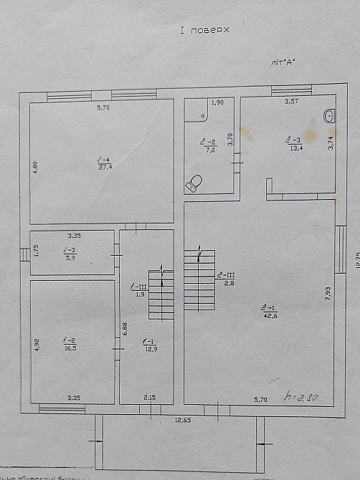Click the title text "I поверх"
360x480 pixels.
pos(204,31)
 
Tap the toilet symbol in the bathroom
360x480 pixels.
pos(194,183)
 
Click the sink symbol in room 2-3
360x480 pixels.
pos(329,115)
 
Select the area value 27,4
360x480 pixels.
pos(105,167)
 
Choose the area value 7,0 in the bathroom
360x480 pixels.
pos(210,150)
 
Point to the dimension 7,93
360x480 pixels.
pos(328,295)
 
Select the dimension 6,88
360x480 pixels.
pos(125,329)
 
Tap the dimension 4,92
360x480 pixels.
pos(37,344)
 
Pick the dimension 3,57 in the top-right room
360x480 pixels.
pos(290,102)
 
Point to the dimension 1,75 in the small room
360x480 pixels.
pos(36,251)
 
